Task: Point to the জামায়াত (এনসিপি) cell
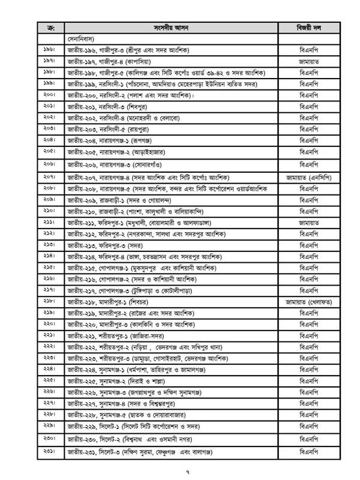pos(308,178)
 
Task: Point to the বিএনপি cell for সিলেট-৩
pos(308,451)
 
